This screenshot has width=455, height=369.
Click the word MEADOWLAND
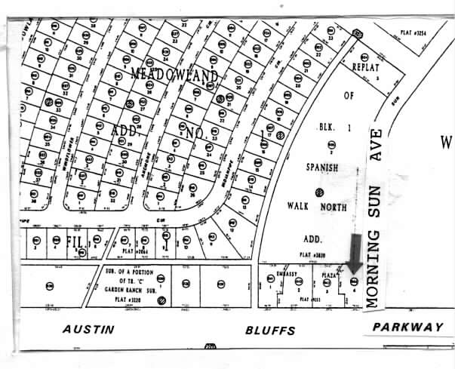pos(174,75)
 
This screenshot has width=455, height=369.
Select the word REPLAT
pos(369,66)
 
